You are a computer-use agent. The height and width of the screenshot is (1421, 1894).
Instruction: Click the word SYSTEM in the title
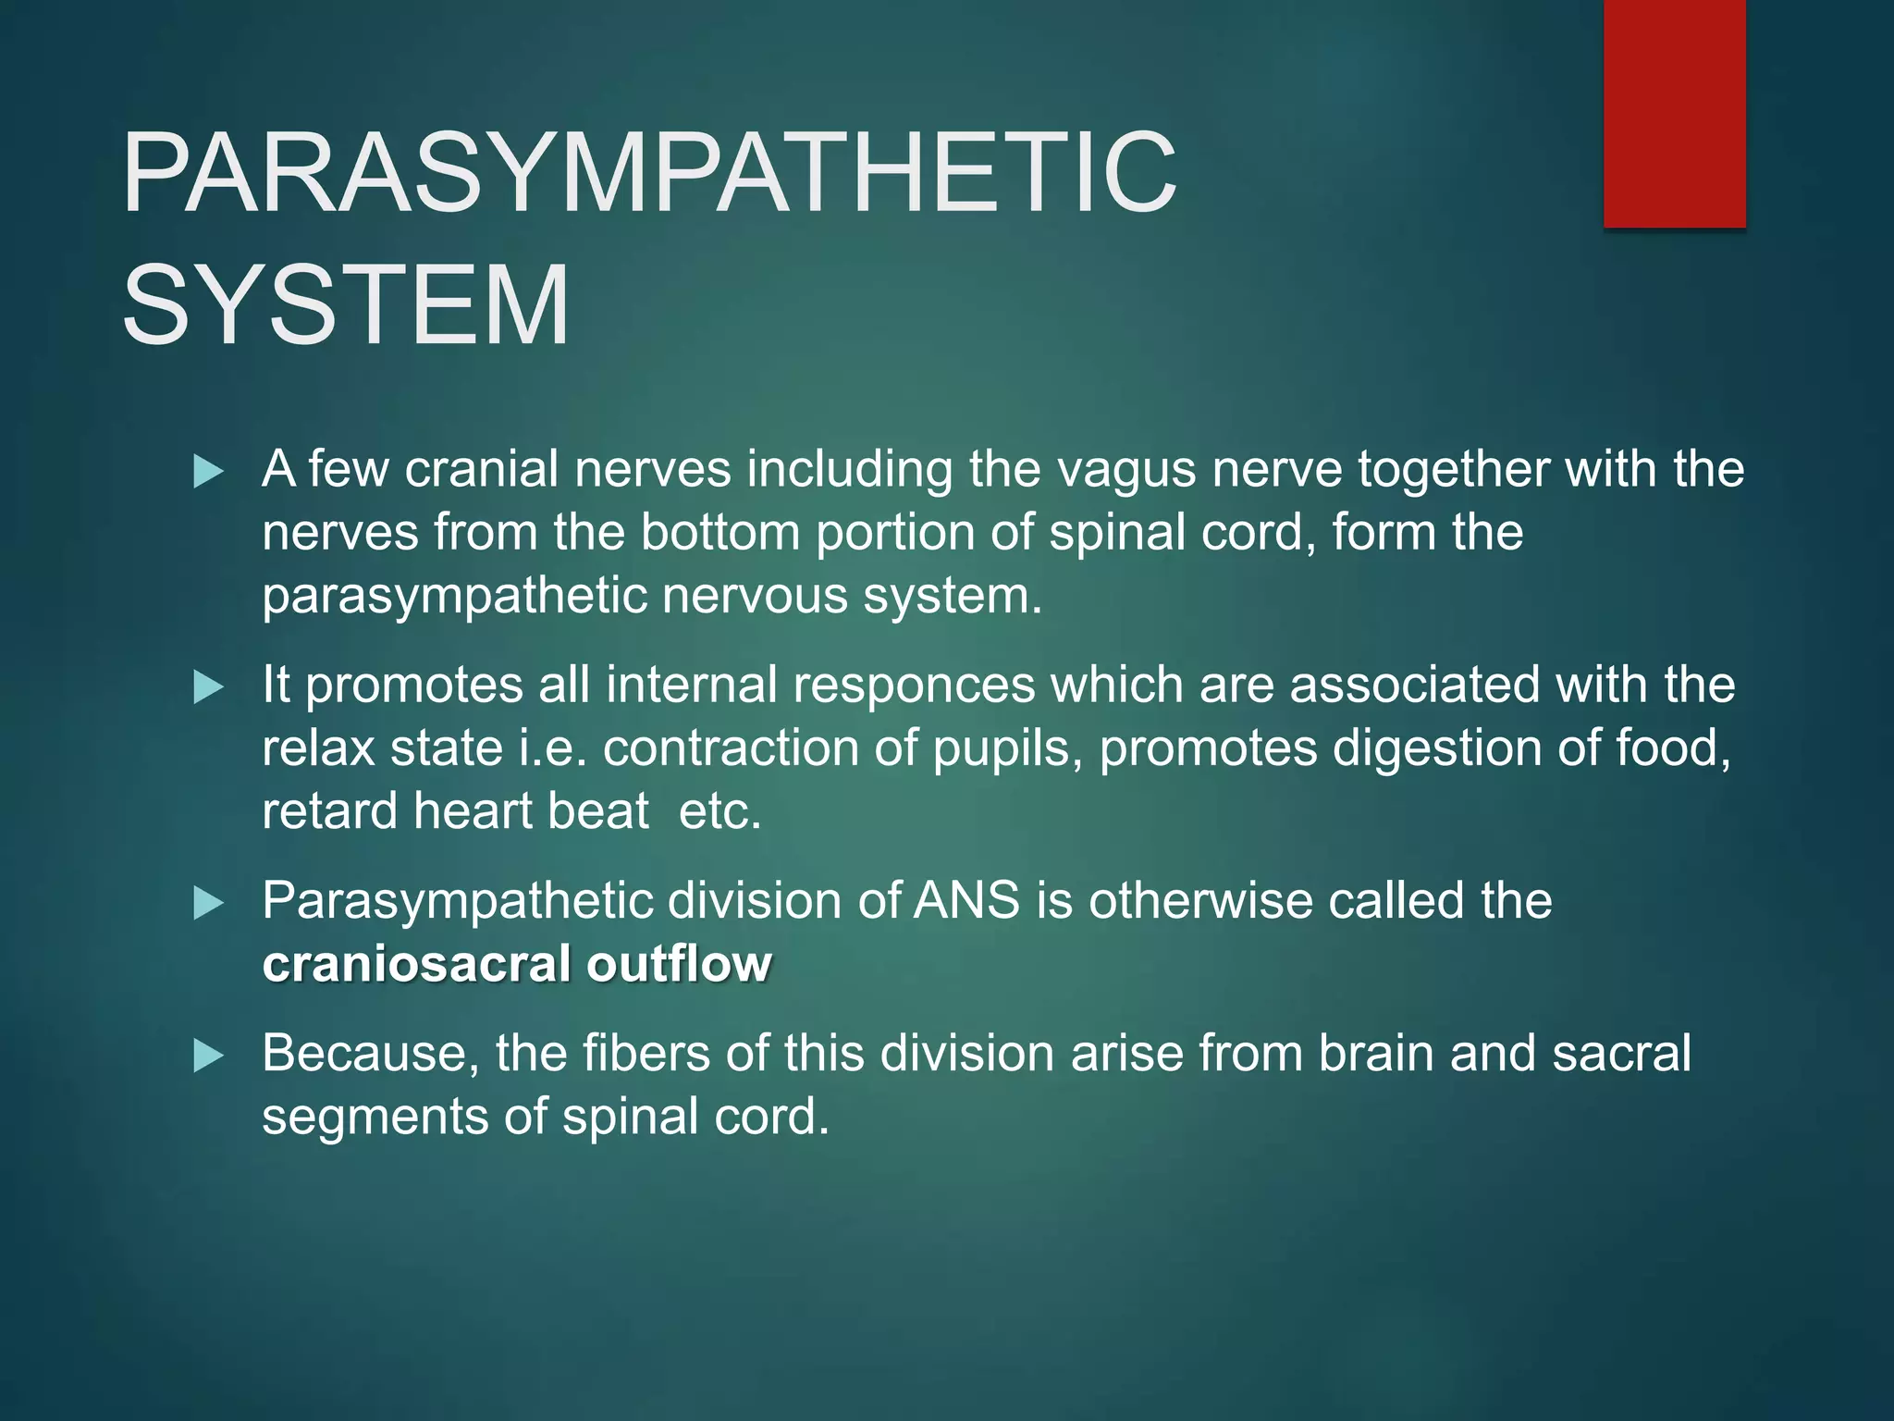coord(345,305)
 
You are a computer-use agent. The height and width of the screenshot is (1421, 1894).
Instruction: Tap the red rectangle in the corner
coord(1674,113)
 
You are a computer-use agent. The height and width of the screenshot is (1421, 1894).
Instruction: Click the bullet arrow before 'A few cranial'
coord(209,473)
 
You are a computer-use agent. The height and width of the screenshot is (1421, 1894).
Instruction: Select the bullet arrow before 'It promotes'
coord(209,688)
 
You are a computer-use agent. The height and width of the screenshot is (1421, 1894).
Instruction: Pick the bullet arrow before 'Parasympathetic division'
coord(209,904)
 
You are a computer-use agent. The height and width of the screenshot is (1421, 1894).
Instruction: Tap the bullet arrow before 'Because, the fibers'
coord(209,1056)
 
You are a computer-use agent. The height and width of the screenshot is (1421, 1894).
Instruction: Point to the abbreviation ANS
coord(966,901)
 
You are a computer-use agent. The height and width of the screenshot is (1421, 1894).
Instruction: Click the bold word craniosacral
coord(416,964)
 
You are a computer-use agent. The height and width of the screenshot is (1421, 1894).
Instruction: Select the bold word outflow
coord(679,964)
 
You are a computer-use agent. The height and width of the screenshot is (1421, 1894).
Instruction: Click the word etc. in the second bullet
coord(719,811)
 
